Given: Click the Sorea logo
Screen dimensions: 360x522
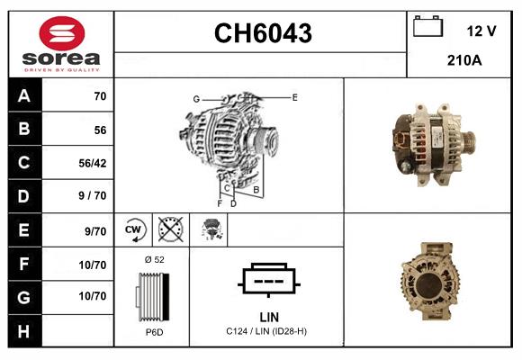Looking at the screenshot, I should coord(60,44).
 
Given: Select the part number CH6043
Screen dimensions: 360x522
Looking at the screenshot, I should coord(262,33).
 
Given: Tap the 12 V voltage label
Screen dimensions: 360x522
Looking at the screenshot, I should coord(481,31).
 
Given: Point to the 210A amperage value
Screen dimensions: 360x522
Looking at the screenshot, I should coord(464,61).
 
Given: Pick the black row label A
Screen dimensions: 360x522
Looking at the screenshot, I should coord(23,96).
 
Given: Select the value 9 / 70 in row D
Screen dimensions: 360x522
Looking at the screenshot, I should coord(92,195).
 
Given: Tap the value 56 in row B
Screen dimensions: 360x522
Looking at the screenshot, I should coord(100,130).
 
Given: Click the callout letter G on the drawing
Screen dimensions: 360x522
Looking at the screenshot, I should coord(195,98).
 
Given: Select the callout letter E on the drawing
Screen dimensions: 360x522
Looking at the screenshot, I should coord(294,96).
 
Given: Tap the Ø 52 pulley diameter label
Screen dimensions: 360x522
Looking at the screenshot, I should coord(155,259).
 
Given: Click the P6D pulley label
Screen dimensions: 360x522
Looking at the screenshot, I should coord(155,332).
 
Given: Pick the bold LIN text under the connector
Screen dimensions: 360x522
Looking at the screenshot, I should coord(268,317).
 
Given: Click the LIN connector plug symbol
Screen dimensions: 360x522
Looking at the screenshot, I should coord(267,280).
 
